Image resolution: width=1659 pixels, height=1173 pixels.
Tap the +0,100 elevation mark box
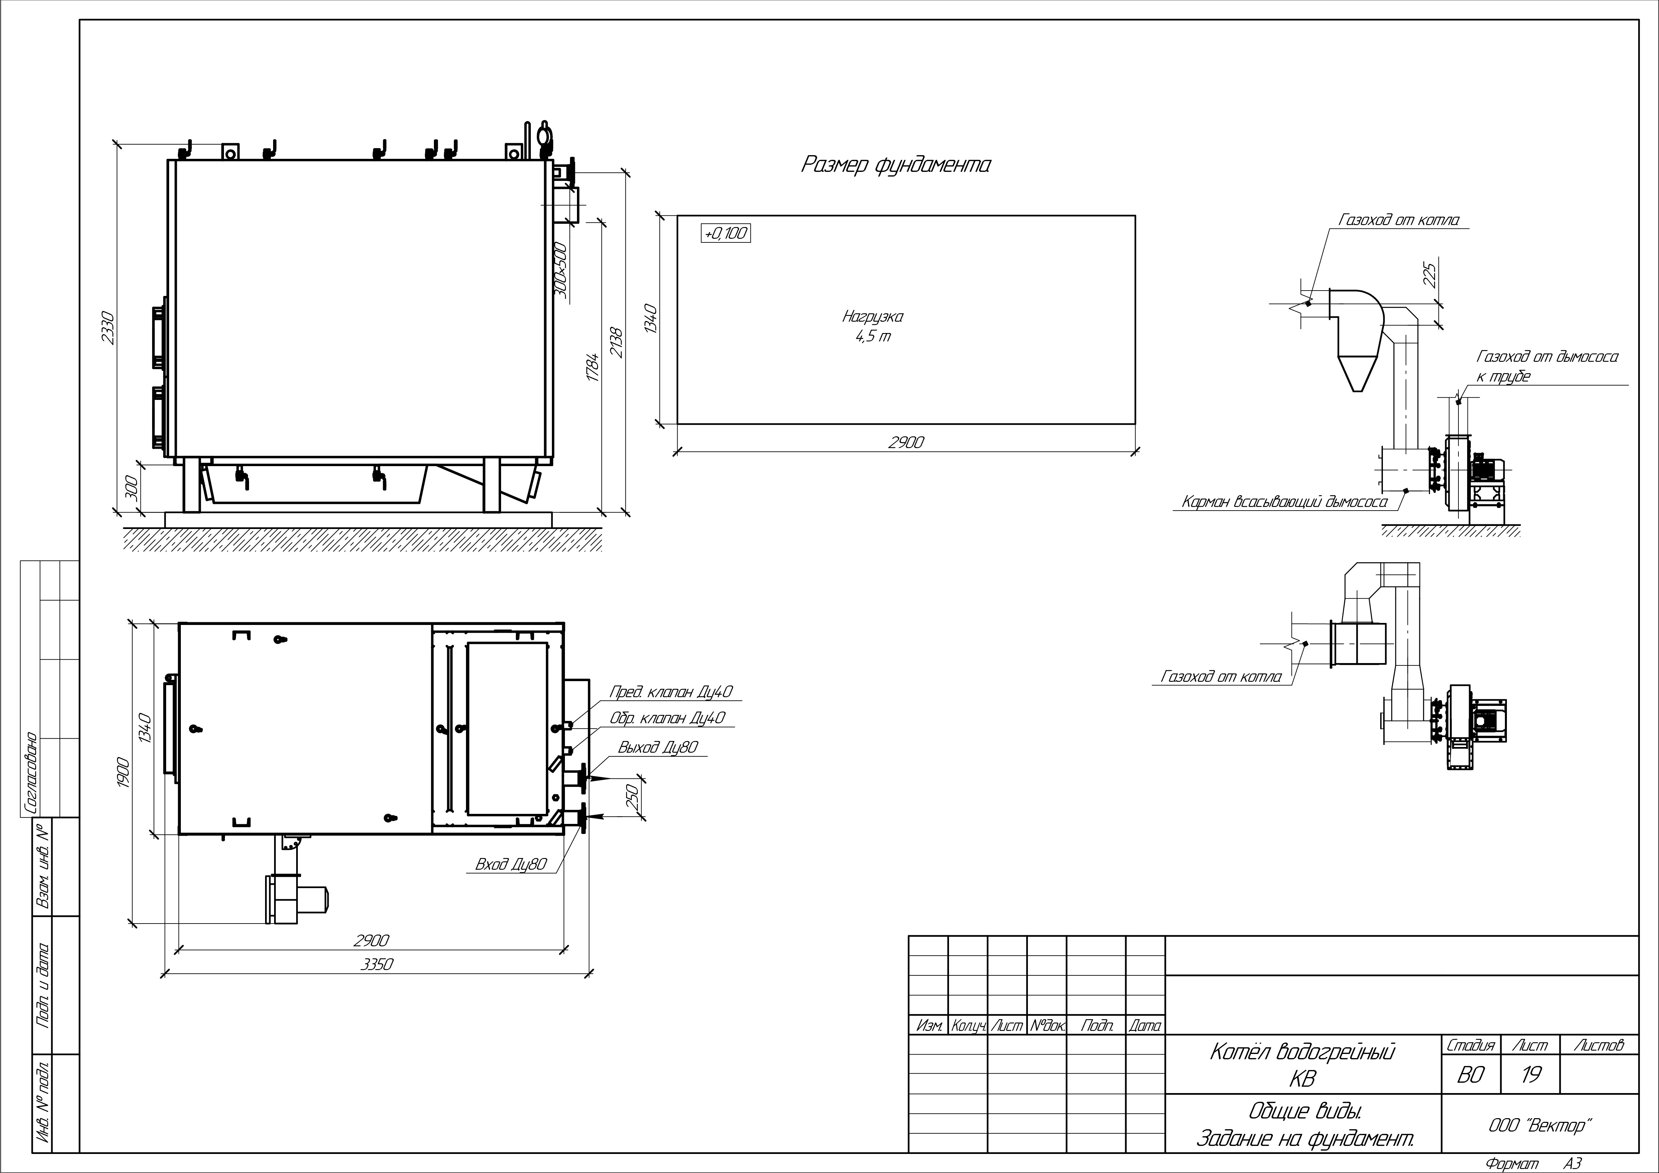(x=726, y=233)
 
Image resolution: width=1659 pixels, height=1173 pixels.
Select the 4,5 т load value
(x=873, y=337)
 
